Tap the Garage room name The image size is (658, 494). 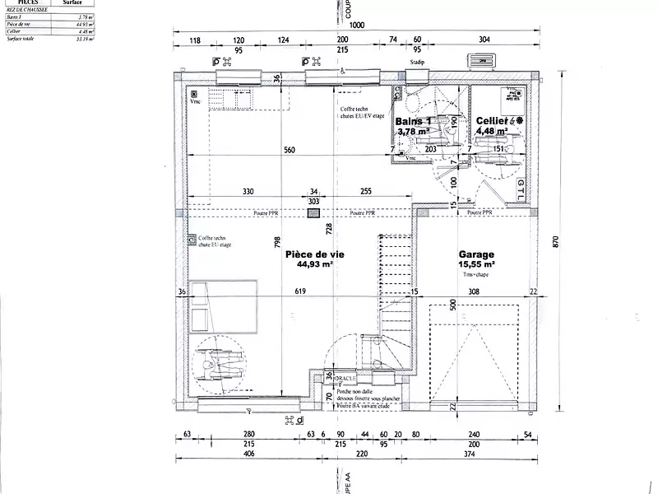click(x=476, y=255)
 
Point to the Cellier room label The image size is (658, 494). click(x=492, y=120)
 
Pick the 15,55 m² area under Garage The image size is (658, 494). click(x=476, y=265)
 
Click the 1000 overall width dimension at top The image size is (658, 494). click(x=356, y=26)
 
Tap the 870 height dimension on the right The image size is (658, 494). click(x=556, y=241)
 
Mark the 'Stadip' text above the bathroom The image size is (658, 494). click(x=416, y=63)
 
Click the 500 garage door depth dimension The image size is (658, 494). click(x=452, y=304)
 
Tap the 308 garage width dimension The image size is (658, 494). click(x=473, y=291)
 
